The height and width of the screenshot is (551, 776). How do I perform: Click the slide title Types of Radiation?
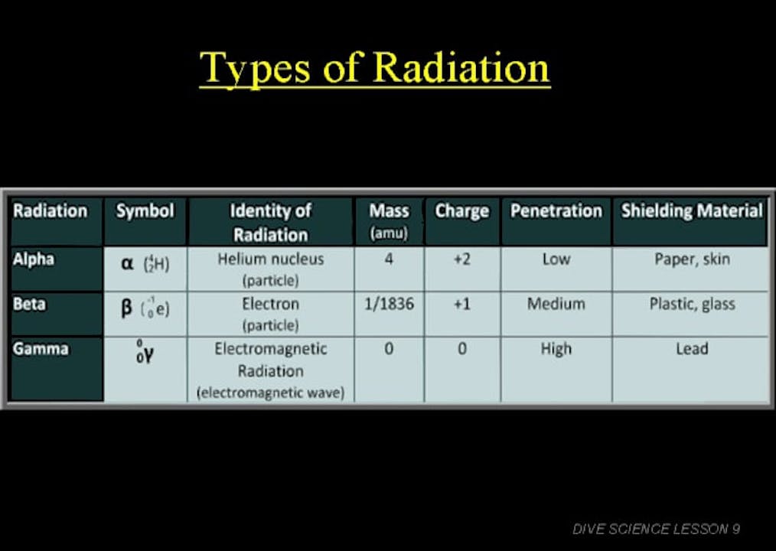pyautogui.click(x=374, y=68)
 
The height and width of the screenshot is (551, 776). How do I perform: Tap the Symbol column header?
pyautogui.click(x=145, y=211)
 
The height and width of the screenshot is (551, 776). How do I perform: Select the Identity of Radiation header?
pyautogui.click(x=270, y=222)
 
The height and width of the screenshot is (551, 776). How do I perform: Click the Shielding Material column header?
pyautogui.click(x=691, y=211)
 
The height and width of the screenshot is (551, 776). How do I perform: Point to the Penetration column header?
pyautogui.click(x=556, y=211)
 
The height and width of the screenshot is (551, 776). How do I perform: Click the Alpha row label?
pyautogui.click(x=34, y=259)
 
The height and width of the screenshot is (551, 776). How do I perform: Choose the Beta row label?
pyautogui.click(x=29, y=304)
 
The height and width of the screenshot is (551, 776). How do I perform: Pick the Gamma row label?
pyautogui.click(x=41, y=349)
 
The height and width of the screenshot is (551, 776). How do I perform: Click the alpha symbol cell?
pyautogui.click(x=145, y=264)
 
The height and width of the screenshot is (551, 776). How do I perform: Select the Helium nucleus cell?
pyautogui.click(x=270, y=259)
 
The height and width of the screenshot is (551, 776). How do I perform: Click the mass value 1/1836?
pyautogui.click(x=389, y=304)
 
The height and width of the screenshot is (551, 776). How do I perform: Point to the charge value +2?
pyautogui.click(x=461, y=259)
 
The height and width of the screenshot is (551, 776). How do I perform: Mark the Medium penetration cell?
pyautogui.click(x=556, y=304)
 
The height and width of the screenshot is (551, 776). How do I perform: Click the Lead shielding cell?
pyautogui.click(x=692, y=349)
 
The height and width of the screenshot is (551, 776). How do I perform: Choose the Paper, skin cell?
pyautogui.click(x=692, y=259)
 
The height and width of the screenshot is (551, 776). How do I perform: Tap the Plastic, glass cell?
pyautogui.click(x=692, y=304)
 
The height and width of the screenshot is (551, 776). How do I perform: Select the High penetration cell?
pyautogui.click(x=556, y=349)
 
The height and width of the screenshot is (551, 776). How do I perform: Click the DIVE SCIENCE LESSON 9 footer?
pyautogui.click(x=656, y=529)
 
